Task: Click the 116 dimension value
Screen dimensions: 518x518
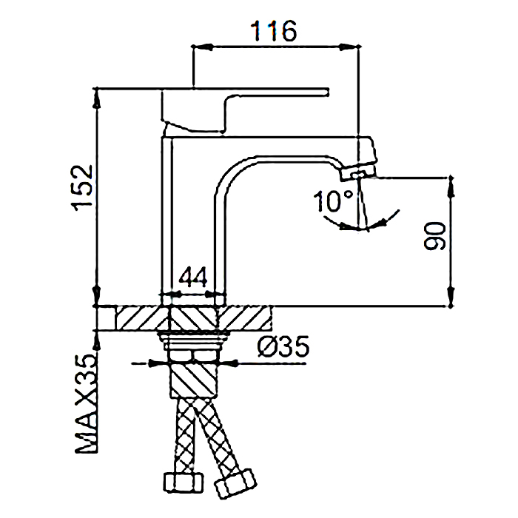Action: click(274, 32)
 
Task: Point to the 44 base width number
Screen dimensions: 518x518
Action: click(192, 277)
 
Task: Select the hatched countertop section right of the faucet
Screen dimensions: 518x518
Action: click(247, 319)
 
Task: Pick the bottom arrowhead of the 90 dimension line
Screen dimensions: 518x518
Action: click(450, 300)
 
